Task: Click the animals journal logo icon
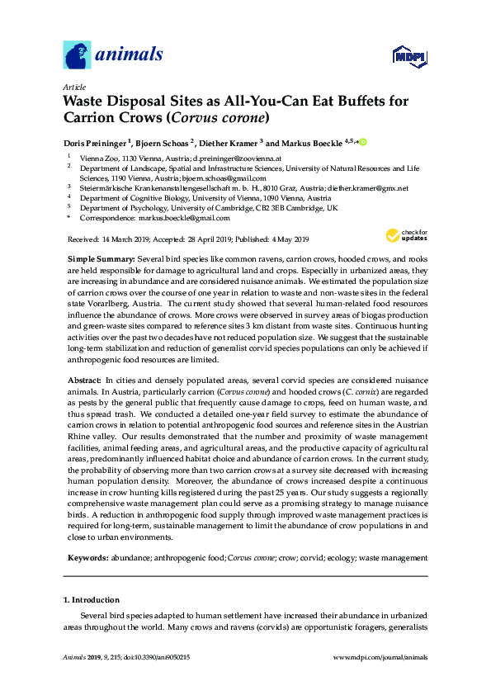pos(77,55)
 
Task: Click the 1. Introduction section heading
pos(92,599)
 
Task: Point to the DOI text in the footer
pos(154,658)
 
